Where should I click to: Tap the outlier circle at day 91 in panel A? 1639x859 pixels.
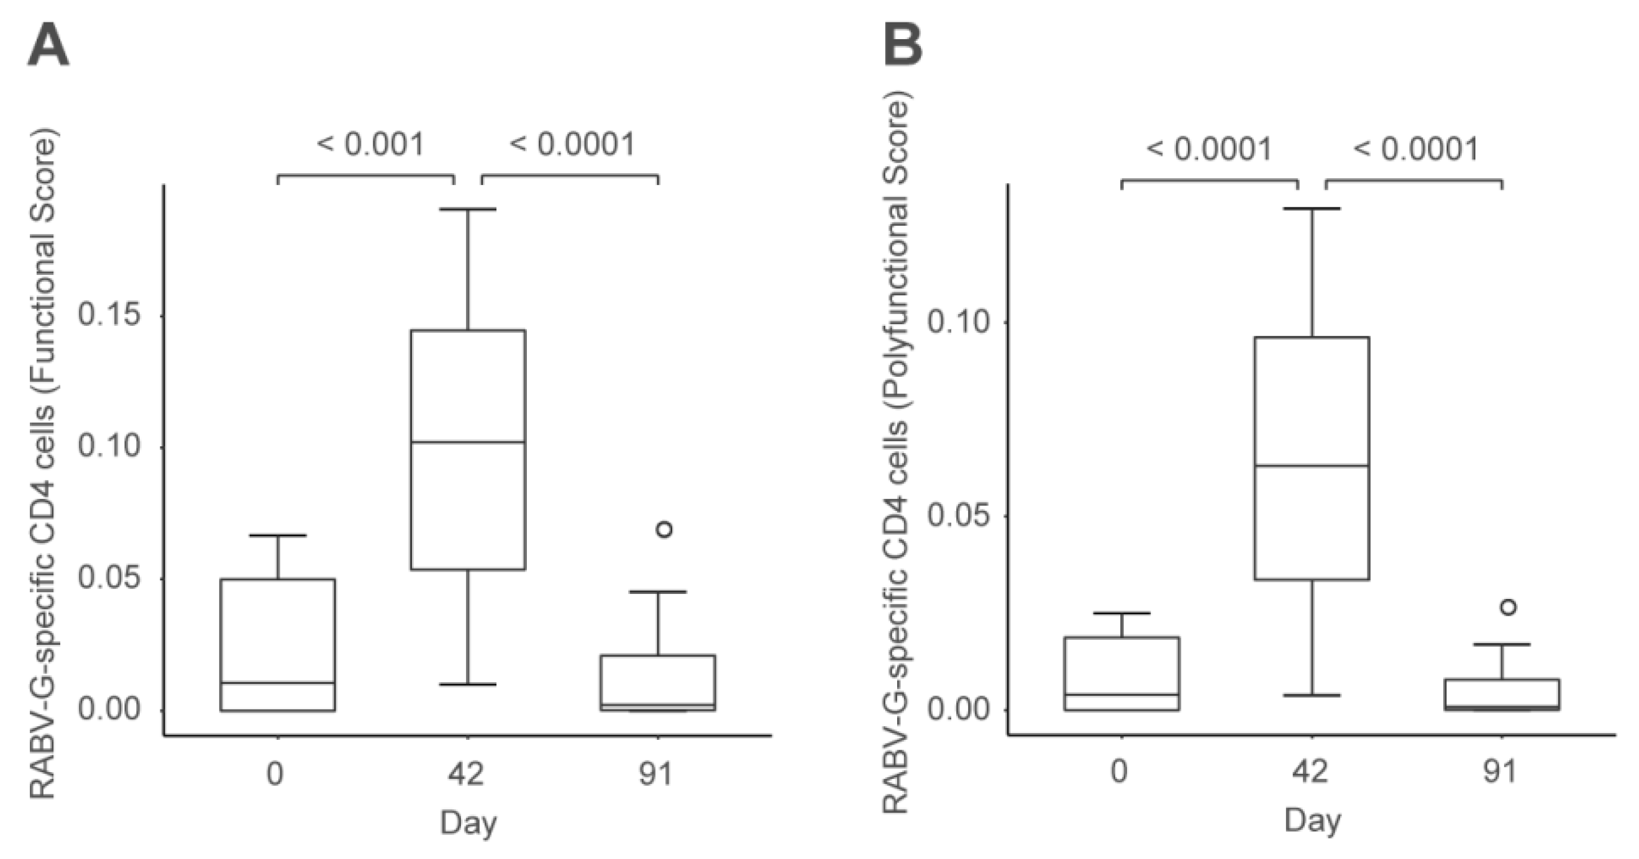click(x=664, y=529)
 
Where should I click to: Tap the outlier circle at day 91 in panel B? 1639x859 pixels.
click(x=1508, y=607)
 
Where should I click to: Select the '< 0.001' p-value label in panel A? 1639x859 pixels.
click(x=370, y=145)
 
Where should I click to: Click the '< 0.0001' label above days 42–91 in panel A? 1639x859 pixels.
click(x=572, y=145)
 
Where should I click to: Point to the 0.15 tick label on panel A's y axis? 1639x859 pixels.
click(x=109, y=314)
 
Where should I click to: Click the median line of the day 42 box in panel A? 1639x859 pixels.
click(x=468, y=442)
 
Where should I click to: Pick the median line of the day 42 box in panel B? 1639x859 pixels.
click(x=1312, y=466)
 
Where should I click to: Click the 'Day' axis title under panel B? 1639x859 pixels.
click(x=1312, y=821)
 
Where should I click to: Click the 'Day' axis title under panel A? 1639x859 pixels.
click(x=468, y=823)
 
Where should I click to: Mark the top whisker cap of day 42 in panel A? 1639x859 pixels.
click(x=468, y=209)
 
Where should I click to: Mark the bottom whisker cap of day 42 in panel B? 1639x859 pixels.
click(x=1312, y=695)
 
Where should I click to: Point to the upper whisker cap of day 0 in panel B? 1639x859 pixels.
click(x=1121, y=613)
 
